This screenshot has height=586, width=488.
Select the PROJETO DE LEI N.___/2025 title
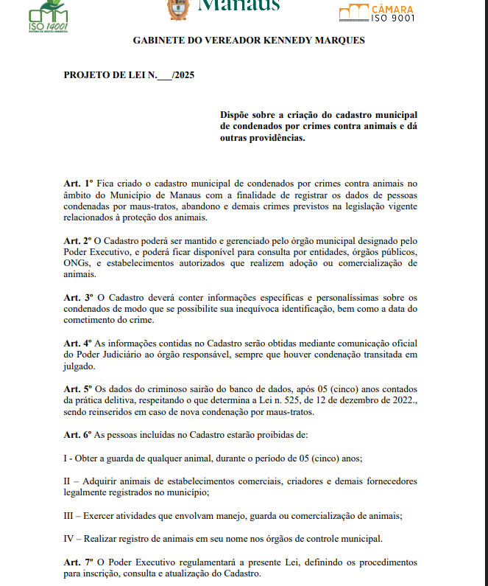coord(129,75)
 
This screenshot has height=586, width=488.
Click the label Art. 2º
coord(77,241)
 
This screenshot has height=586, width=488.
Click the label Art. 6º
coord(77,435)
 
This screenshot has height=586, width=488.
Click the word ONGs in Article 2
coord(77,263)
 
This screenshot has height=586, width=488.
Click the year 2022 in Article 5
coord(404,400)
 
